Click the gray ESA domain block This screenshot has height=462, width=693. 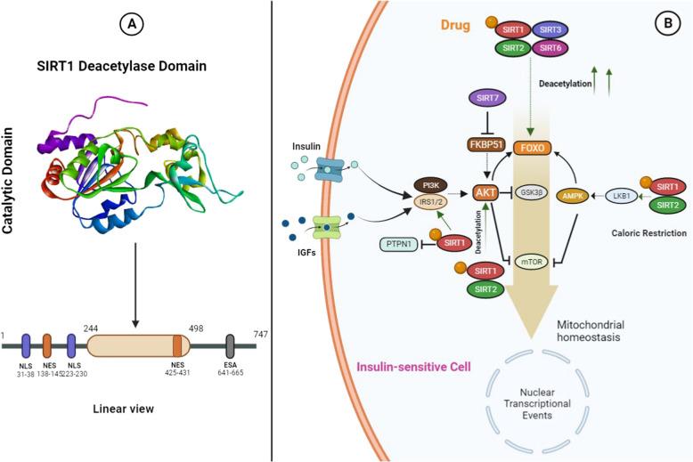231,346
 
